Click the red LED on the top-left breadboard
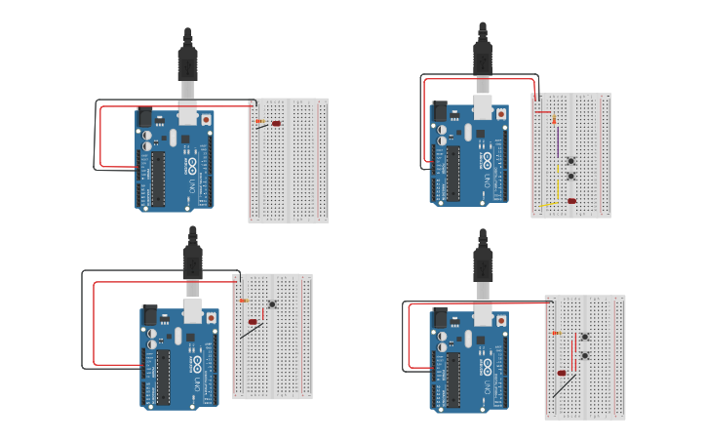(x=277, y=124)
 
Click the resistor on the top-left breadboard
(x=261, y=122)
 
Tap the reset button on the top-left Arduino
(x=206, y=120)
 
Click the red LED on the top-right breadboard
(x=571, y=201)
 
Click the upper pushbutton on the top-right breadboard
(x=570, y=161)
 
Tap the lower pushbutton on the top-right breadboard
(x=570, y=177)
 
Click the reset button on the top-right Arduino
(x=501, y=114)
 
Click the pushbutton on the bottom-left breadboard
(x=272, y=303)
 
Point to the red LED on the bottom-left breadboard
(x=253, y=321)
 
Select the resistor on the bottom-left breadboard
(x=244, y=301)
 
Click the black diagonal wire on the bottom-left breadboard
(x=252, y=331)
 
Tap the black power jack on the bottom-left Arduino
(x=149, y=316)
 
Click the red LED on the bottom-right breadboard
(x=562, y=373)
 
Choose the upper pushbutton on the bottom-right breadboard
(x=584, y=337)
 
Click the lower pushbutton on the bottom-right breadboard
(x=584, y=355)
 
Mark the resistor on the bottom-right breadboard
(x=557, y=333)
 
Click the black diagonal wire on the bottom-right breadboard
(x=563, y=386)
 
